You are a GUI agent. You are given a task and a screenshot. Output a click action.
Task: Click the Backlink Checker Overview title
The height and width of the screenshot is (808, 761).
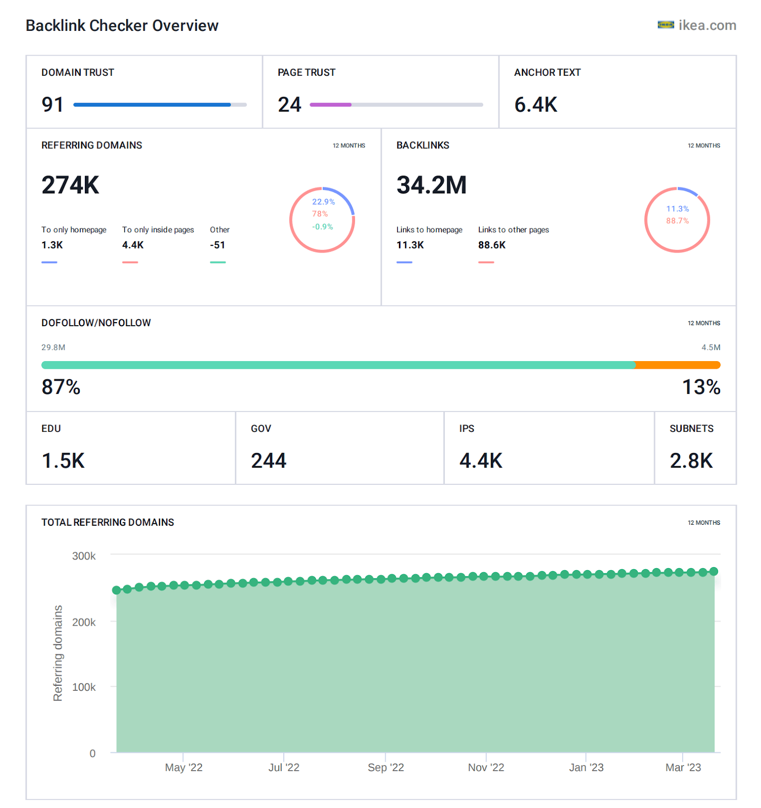(x=122, y=26)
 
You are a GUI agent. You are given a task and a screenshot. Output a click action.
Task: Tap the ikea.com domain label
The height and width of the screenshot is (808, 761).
(x=706, y=25)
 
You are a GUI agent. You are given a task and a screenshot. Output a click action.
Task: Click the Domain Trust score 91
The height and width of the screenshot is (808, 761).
(x=53, y=105)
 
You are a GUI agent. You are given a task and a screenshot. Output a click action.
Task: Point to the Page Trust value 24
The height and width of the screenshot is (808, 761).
(x=289, y=105)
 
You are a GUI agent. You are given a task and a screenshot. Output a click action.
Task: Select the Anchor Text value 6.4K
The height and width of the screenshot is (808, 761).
(x=535, y=105)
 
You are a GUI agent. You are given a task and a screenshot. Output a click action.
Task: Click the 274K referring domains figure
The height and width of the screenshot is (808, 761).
(x=70, y=185)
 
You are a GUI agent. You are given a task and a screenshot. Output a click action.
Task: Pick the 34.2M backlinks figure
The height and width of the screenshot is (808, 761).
(x=431, y=185)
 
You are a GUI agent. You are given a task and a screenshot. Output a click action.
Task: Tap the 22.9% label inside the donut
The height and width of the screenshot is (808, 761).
(x=323, y=201)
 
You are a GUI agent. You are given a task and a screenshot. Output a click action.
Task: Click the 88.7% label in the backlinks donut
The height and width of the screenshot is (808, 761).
(x=677, y=221)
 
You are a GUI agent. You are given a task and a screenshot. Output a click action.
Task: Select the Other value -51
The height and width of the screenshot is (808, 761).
(x=218, y=245)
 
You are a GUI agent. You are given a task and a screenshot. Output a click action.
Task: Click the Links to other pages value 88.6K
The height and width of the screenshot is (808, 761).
(x=491, y=245)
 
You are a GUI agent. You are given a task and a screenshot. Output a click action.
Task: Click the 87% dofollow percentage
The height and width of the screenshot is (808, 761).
(x=61, y=387)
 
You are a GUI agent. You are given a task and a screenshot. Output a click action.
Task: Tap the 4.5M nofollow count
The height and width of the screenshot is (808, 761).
(x=711, y=347)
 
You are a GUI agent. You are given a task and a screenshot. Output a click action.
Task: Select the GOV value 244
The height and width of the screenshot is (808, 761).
(x=268, y=461)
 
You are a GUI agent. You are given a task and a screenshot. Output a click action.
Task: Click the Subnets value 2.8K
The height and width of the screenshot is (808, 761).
(x=691, y=461)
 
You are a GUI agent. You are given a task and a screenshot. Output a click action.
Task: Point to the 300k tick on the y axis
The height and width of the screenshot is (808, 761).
(x=84, y=556)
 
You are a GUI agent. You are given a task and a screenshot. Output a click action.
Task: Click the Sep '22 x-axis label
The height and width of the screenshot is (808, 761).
(x=385, y=768)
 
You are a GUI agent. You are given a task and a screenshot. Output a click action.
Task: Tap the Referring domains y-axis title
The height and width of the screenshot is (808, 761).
(x=58, y=653)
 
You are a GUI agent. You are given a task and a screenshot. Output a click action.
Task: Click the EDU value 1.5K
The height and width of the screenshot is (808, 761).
(x=63, y=461)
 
